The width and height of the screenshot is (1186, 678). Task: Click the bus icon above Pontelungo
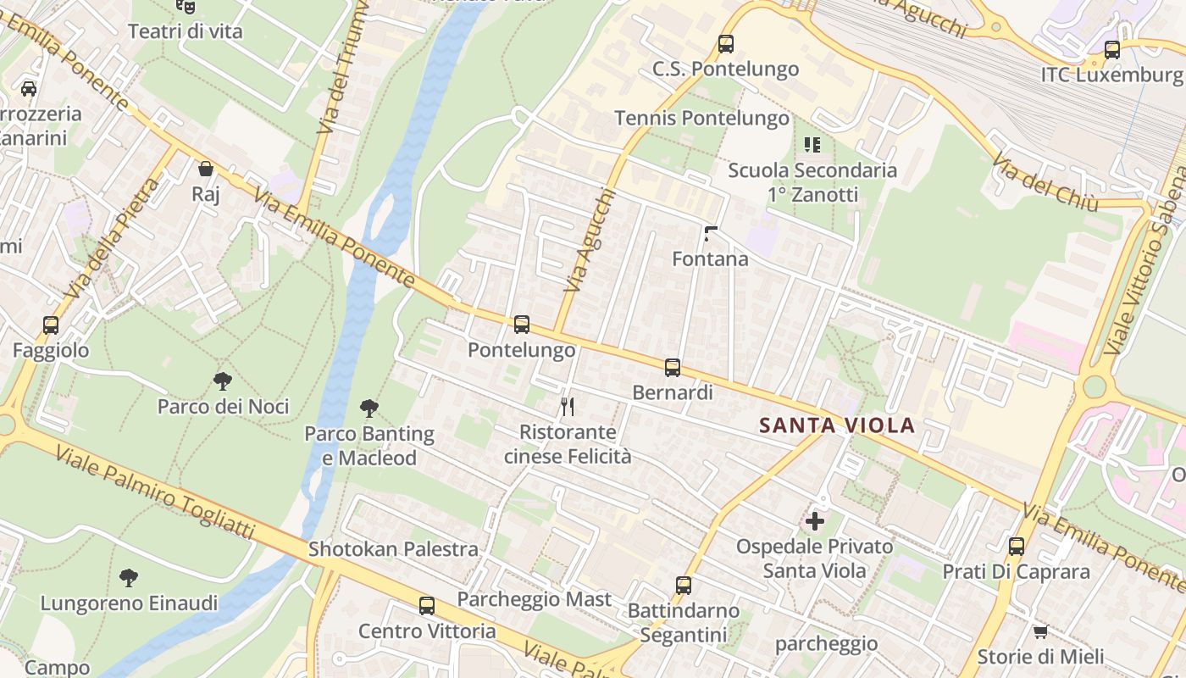click(522, 324)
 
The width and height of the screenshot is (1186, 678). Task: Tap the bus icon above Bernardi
click(673, 368)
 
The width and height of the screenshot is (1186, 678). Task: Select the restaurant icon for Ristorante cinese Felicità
click(568, 407)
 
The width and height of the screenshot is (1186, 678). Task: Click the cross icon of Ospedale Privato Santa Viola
click(815, 520)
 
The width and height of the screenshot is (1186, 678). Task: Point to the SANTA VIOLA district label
click(837, 425)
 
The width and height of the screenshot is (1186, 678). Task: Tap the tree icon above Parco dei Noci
click(223, 381)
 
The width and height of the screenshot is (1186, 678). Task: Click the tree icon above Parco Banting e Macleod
click(369, 408)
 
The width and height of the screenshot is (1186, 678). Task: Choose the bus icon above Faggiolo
click(51, 325)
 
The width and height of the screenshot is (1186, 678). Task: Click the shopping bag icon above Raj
click(205, 169)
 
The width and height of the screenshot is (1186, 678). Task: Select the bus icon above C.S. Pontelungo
click(725, 43)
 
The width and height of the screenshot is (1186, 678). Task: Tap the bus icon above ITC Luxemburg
click(1112, 49)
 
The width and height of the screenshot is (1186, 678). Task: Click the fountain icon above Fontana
click(711, 233)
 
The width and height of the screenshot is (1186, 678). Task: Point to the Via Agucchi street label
click(588, 240)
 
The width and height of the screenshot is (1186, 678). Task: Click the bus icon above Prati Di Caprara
click(1017, 546)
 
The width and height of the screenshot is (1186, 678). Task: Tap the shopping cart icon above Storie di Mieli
click(1040, 631)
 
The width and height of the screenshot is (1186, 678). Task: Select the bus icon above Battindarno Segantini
click(684, 585)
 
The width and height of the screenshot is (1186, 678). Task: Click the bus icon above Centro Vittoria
click(427, 606)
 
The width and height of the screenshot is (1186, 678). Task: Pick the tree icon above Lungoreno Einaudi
click(129, 578)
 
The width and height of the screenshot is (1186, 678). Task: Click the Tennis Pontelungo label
click(701, 118)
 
